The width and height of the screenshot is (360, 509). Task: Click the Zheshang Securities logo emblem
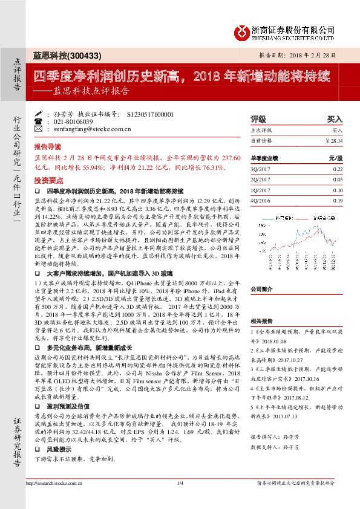pyautogui.click(x=242, y=31)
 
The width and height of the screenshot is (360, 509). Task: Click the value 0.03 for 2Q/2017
pyautogui.click(x=337, y=179)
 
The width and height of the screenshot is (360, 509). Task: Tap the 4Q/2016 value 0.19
pyautogui.click(x=337, y=200)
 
